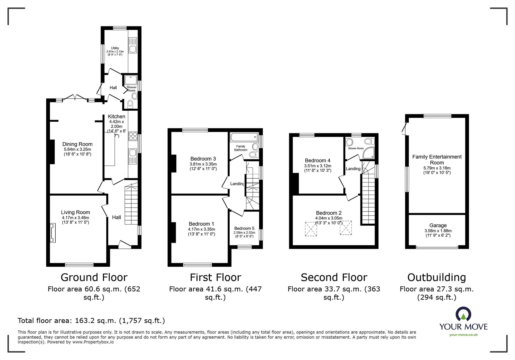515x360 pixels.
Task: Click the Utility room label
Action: tap(115, 48)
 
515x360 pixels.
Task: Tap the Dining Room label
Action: tap(77, 144)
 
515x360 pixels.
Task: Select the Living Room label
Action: tap(75, 212)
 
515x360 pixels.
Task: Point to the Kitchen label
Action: tap(116, 117)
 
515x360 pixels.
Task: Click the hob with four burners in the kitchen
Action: tap(133, 136)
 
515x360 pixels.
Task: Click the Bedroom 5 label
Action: tap(244, 228)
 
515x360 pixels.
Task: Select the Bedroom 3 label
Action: tap(203, 159)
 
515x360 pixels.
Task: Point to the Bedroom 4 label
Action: tap(317, 160)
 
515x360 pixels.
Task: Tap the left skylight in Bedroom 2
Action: tap(311, 229)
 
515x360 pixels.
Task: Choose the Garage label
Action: tap(438, 225)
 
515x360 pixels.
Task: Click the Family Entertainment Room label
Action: tap(437, 160)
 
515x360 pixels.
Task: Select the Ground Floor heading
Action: tap(94, 277)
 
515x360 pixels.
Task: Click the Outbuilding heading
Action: tap(437, 277)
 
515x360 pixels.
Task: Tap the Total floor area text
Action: tap(91, 321)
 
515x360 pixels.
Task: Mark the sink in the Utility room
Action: tap(133, 46)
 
